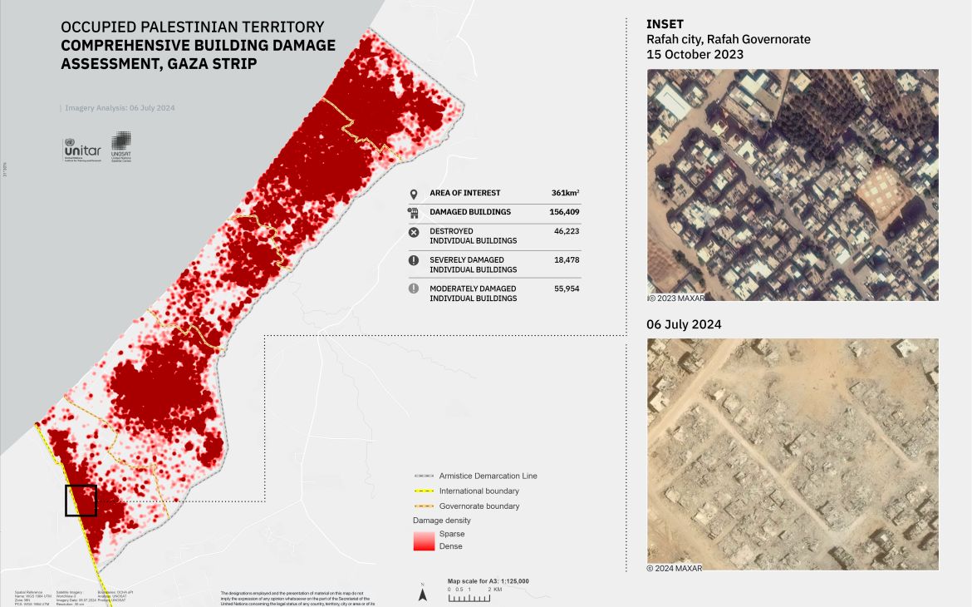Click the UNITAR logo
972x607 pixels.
tap(81, 148)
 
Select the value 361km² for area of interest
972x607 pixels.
tap(565, 193)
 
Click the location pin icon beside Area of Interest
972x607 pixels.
tap(413, 194)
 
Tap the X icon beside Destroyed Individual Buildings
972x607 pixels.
tap(413, 232)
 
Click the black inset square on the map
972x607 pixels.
tap(81, 501)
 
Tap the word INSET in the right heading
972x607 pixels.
tap(665, 24)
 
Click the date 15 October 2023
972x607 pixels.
tap(695, 54)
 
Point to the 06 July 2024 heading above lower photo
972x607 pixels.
tap(684, 324)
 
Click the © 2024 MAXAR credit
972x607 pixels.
tap(674, 568)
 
